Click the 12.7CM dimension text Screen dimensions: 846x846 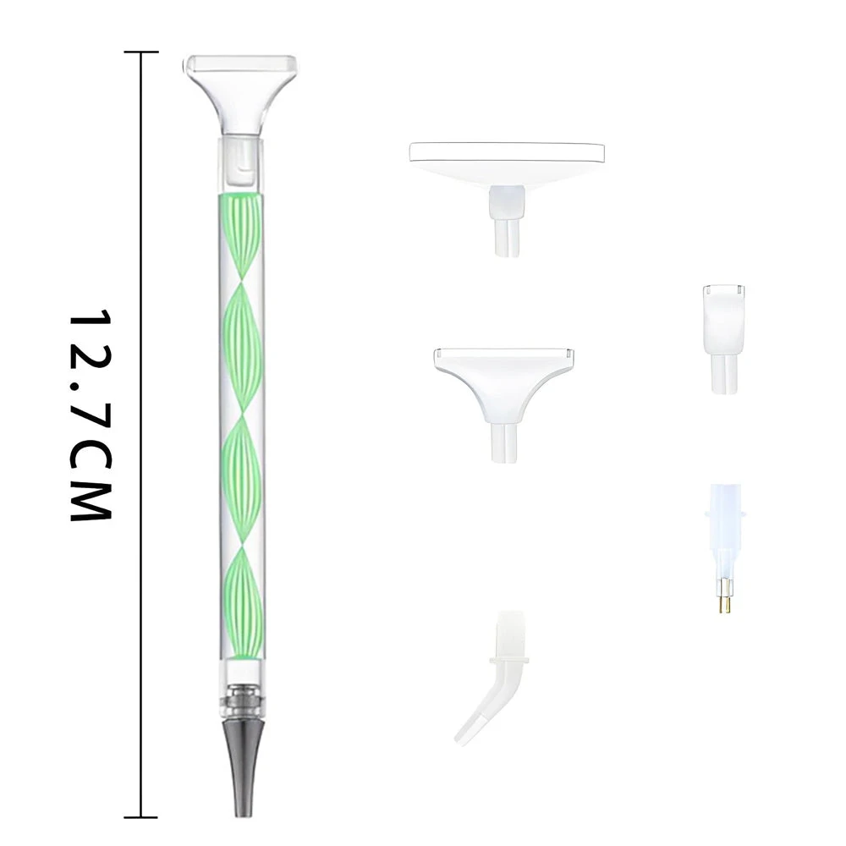click(90, 415)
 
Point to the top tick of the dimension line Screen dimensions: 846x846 click(141, 52)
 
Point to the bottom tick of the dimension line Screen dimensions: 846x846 click(141, 817)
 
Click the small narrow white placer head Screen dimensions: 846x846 click(723, 339)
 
